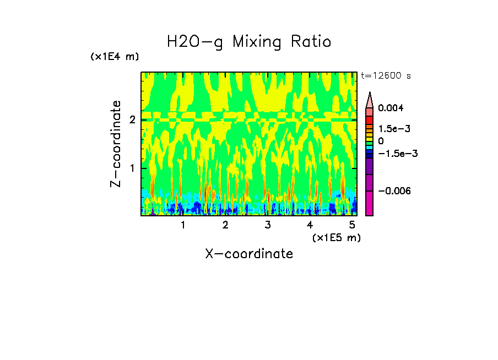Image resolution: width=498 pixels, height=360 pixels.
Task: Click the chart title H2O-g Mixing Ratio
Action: coord(249,42)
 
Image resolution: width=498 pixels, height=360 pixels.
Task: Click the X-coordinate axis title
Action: coord(249,254)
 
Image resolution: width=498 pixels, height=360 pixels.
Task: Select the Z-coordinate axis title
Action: coord(116,144)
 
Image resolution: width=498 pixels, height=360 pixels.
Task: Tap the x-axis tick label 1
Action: coord(183,225)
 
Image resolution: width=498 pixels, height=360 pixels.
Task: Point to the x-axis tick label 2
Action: coord(225,225)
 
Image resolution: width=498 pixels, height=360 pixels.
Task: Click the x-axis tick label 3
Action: coord(268,225)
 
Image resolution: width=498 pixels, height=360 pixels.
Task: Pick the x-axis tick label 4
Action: coord(310,225)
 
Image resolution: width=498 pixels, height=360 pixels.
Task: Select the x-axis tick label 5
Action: coord(352,225)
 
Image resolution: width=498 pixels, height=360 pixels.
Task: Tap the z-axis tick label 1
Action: coord(133,168)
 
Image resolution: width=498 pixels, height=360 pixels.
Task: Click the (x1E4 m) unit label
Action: coord(115,57)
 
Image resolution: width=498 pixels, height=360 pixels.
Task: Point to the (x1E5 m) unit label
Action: coord(336,237)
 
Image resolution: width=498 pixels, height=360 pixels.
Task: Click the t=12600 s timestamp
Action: coord(386,76)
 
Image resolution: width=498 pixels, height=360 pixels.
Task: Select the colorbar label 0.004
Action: coord(391,108)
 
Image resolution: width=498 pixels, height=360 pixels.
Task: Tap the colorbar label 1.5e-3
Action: coord(394,128)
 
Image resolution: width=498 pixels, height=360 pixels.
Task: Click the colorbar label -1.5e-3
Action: coord(397,154)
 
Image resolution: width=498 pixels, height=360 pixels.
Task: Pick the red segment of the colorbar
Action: coord(370,119)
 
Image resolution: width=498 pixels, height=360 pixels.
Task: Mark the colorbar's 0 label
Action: coord(381,141)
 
